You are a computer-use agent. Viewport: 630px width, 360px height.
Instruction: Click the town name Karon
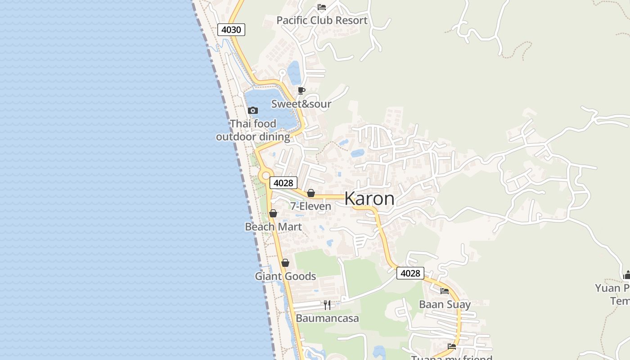point(369,198)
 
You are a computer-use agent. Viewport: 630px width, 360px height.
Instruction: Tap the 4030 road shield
point(231,30)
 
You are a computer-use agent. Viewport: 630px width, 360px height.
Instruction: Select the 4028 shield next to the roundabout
point(283,183)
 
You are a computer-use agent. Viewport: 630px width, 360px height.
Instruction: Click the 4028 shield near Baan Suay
point(410,273)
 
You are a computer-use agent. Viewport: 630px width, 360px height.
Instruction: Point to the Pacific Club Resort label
point(322,20)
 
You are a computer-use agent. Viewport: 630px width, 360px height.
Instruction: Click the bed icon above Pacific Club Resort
point(321,7)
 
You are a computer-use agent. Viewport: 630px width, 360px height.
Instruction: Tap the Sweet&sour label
point(301,104)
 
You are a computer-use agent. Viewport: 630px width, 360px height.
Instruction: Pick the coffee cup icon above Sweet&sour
point(301,90)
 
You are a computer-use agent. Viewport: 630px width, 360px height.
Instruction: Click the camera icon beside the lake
point(253,110)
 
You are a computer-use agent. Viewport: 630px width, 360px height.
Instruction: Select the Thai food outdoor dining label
point(253,130)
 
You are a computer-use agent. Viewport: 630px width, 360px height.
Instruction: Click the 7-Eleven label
point(310,206)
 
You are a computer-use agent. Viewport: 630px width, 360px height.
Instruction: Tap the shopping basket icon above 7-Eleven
point(310,193)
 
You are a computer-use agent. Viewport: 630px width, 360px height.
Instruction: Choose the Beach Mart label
point(273,226)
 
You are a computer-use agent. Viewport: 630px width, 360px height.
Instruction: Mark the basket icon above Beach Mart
point(273,213)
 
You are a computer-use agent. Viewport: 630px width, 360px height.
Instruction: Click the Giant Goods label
point(285,276)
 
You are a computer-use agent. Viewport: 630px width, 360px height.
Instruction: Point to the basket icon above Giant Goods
point(285,263)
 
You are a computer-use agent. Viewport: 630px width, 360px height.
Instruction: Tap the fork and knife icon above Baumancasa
point(327,305)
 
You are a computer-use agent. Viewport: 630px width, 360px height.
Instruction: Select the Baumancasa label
point(327,318)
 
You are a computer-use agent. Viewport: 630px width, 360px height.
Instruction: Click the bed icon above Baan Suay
point(445,291)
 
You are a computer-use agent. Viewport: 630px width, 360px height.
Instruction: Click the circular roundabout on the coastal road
point(265,175)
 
